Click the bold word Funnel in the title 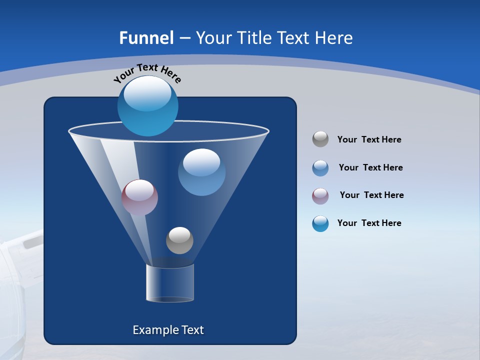pos(146,38)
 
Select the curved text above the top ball pos(147,72)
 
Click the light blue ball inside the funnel pos(201,172)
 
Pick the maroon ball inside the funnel pos(139,197)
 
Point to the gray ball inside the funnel pos(179,240)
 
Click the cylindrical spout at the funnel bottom pos(170,283)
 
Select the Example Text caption pos(168,330)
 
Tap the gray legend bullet pos(320,139)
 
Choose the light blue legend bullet pos(320,168)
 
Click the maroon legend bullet pos(320,196)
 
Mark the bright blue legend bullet pos(320,223)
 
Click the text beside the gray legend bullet pos(369,140)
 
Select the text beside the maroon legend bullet pos(371,195)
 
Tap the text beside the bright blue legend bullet pos(369,223)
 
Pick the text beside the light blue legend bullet pos(370,168)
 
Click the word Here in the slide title pos(334,38)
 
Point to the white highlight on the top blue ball pos(147,93)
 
